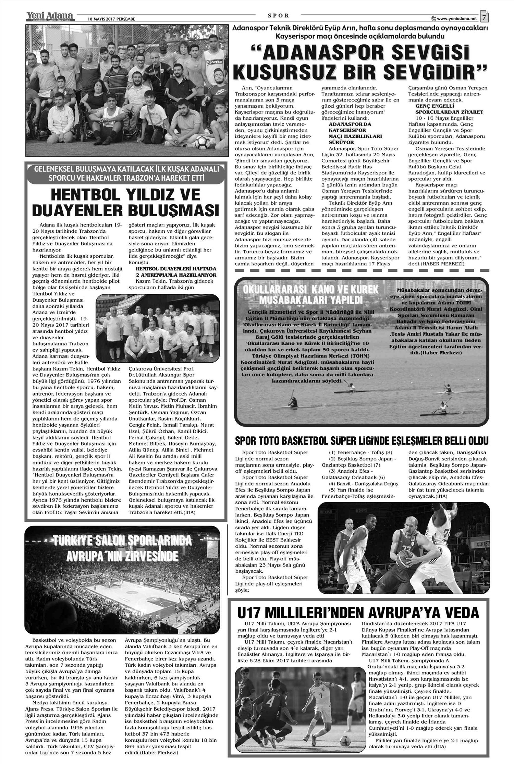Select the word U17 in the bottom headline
click(x=252, y=612)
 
